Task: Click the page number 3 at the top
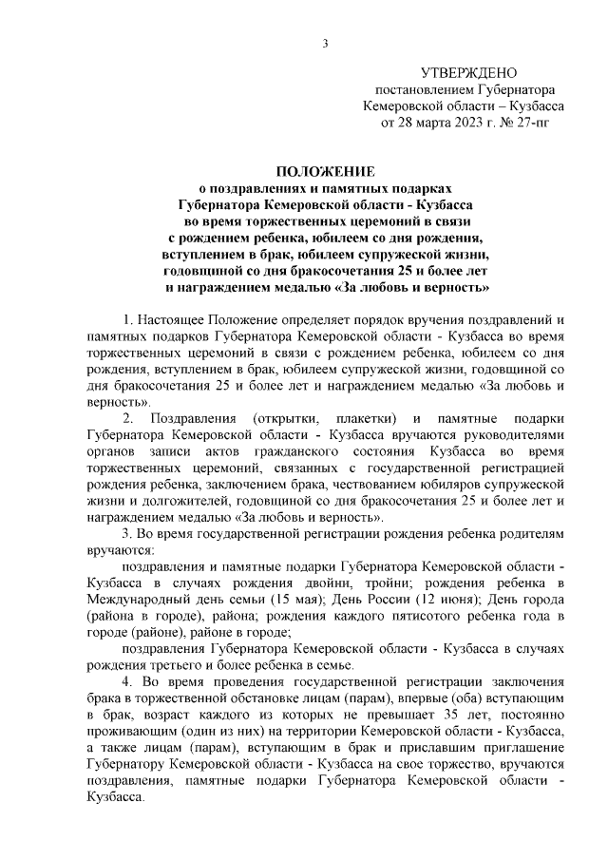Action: tap(326, 43)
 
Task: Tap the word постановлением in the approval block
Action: tap(413, 89)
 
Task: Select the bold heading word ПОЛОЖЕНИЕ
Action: tap(326, 172)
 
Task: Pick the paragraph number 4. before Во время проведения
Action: tap(128, 683)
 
